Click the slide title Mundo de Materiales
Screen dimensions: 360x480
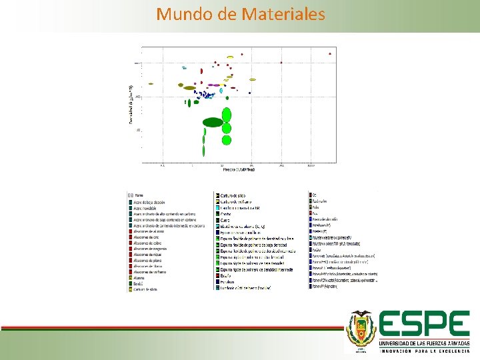coord(241,13)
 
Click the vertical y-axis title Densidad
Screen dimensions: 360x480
coord(131,103)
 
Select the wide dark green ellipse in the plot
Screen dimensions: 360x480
coord(213,122)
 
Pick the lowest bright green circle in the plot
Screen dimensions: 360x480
coord(227,140)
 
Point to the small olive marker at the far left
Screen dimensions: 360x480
coord(151,84)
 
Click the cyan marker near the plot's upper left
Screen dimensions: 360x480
coord(184,68)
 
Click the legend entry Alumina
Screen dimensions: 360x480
coord(141,278)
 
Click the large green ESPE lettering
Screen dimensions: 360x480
coord(424,325)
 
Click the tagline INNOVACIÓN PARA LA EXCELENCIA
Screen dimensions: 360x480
coord(424,350)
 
